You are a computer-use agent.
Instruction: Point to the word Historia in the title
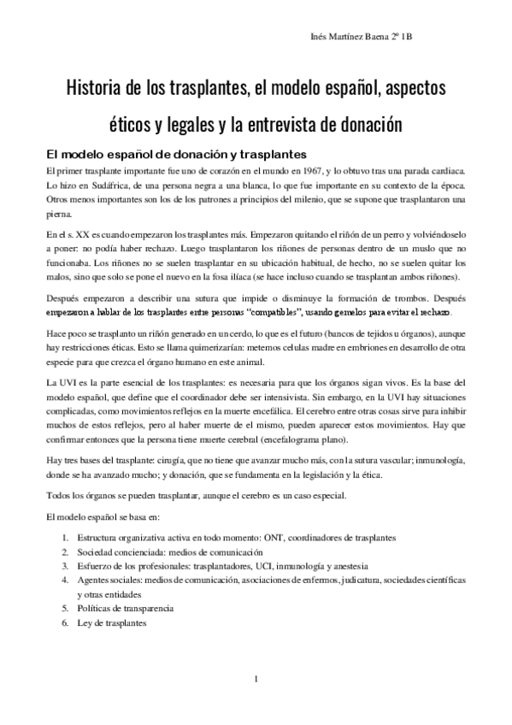click(96, 88)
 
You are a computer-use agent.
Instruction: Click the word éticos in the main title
click(132, 125)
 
